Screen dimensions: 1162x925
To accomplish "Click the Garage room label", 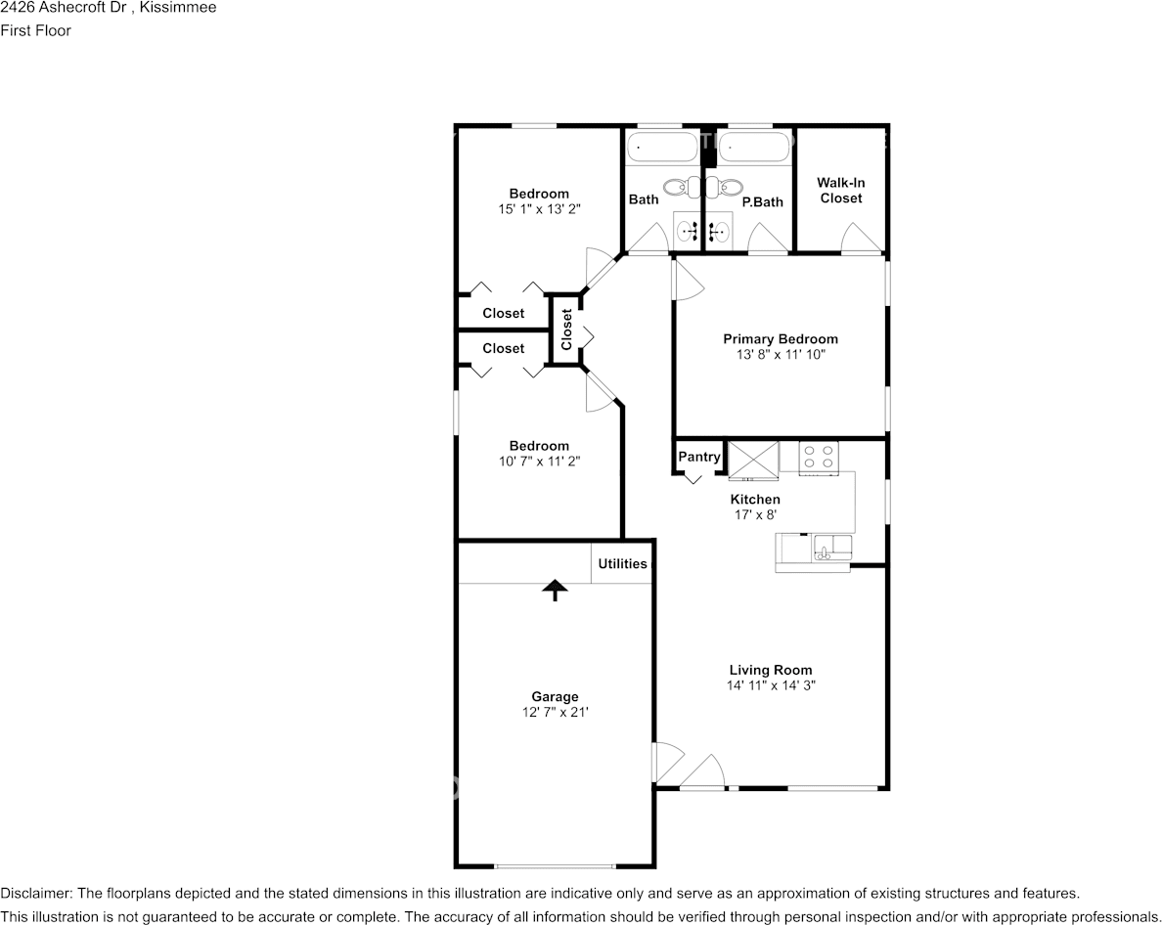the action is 555,697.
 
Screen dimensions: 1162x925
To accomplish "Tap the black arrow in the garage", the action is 555,590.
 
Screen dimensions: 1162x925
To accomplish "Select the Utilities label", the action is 622,563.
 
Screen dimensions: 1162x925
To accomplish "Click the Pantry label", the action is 698,457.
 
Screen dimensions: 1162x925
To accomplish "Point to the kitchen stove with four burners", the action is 819,457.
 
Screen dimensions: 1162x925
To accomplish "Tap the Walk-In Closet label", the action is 841,191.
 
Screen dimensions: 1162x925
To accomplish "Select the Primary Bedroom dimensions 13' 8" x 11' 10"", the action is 781,355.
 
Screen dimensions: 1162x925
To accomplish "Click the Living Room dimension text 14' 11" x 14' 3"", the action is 771,685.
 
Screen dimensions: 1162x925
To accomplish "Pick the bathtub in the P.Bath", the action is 755,148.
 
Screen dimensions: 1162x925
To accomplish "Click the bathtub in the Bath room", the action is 663,148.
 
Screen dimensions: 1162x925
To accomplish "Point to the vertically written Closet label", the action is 567,330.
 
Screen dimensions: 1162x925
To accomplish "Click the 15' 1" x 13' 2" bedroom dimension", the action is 539,209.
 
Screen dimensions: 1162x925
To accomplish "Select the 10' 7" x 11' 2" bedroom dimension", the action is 539,462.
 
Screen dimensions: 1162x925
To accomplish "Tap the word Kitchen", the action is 755,499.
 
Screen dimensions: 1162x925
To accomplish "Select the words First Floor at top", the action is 35,30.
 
